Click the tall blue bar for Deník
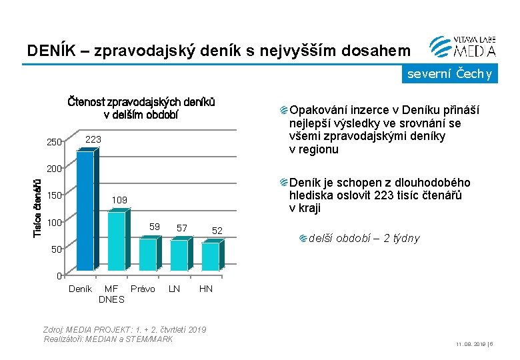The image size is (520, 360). (86, 212)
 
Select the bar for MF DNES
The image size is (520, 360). (117, 241)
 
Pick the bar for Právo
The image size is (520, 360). (149, 254)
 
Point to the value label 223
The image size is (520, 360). (94, 139)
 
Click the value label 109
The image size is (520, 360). (119, 199)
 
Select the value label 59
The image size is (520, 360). (155, 227)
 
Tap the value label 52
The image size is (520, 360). (217, 231)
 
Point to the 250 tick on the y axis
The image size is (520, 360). (54, 141)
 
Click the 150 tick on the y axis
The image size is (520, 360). (54, 195)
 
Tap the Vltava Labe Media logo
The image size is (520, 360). (463, 46)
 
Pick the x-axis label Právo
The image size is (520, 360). (143, 289)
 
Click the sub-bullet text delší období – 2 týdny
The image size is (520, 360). (364, 238)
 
